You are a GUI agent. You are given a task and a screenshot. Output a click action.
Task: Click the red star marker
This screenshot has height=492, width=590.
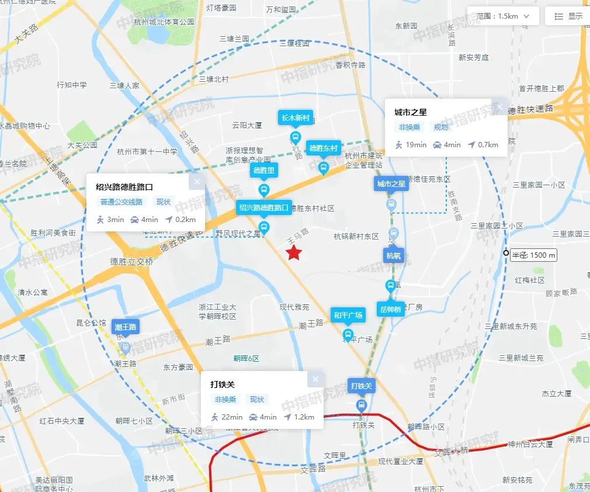[294, 253]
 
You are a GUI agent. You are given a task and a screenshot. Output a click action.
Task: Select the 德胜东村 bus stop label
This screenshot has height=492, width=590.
[324, 148]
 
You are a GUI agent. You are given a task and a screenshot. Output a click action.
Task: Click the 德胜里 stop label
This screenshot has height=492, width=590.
[263, 171]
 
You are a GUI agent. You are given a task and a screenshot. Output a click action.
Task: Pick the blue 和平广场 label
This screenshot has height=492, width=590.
[348, 316]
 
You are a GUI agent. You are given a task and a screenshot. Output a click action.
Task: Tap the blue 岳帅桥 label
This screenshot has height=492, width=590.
[390, 309]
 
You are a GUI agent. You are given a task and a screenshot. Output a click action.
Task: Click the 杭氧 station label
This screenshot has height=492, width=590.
[394, 255]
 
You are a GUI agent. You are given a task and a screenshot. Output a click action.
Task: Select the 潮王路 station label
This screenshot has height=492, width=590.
[126, 327]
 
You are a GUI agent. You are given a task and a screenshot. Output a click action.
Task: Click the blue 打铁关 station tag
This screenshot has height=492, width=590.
[362, 386]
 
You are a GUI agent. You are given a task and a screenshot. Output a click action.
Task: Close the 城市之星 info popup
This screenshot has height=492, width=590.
[499, 107]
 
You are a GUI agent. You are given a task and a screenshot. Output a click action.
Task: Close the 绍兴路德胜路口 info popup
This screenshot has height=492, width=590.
[197, 182]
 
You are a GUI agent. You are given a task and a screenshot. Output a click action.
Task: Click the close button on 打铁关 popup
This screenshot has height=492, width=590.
[315, 379]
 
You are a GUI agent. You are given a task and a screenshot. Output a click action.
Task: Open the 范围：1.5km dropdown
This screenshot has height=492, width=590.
[502, 16]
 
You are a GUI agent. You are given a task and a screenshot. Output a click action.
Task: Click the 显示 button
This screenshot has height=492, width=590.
[568, 16]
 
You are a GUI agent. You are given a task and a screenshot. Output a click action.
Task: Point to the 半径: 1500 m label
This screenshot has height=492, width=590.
[533, 255]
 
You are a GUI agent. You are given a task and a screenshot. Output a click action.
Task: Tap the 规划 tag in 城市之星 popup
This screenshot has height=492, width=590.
[440, 127]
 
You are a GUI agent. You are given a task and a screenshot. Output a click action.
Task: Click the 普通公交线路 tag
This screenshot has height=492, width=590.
[121, 202]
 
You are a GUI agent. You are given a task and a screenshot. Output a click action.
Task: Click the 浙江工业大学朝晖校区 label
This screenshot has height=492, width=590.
[217, 311]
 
